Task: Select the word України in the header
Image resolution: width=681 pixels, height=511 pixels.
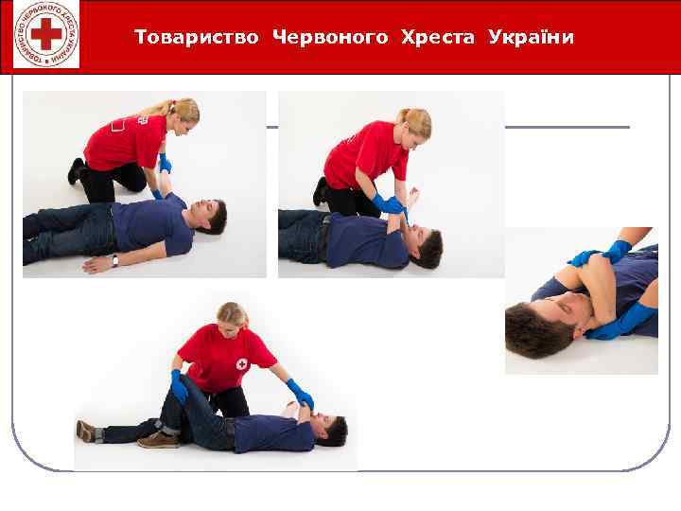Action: (x=532, y=38)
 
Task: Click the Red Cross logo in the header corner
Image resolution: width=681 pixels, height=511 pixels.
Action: (x=46, y=36)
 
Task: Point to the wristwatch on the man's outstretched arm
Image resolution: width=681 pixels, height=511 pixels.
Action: (x=115, y=260)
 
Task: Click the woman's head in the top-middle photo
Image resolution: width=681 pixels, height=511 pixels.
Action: (x=413, y=124)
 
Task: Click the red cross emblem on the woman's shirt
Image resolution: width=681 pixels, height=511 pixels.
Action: (x=241, y=364)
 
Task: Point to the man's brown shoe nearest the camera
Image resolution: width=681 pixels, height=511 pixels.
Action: (x=157, y=440)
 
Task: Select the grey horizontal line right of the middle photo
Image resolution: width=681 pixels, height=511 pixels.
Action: (x=567, y=127)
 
